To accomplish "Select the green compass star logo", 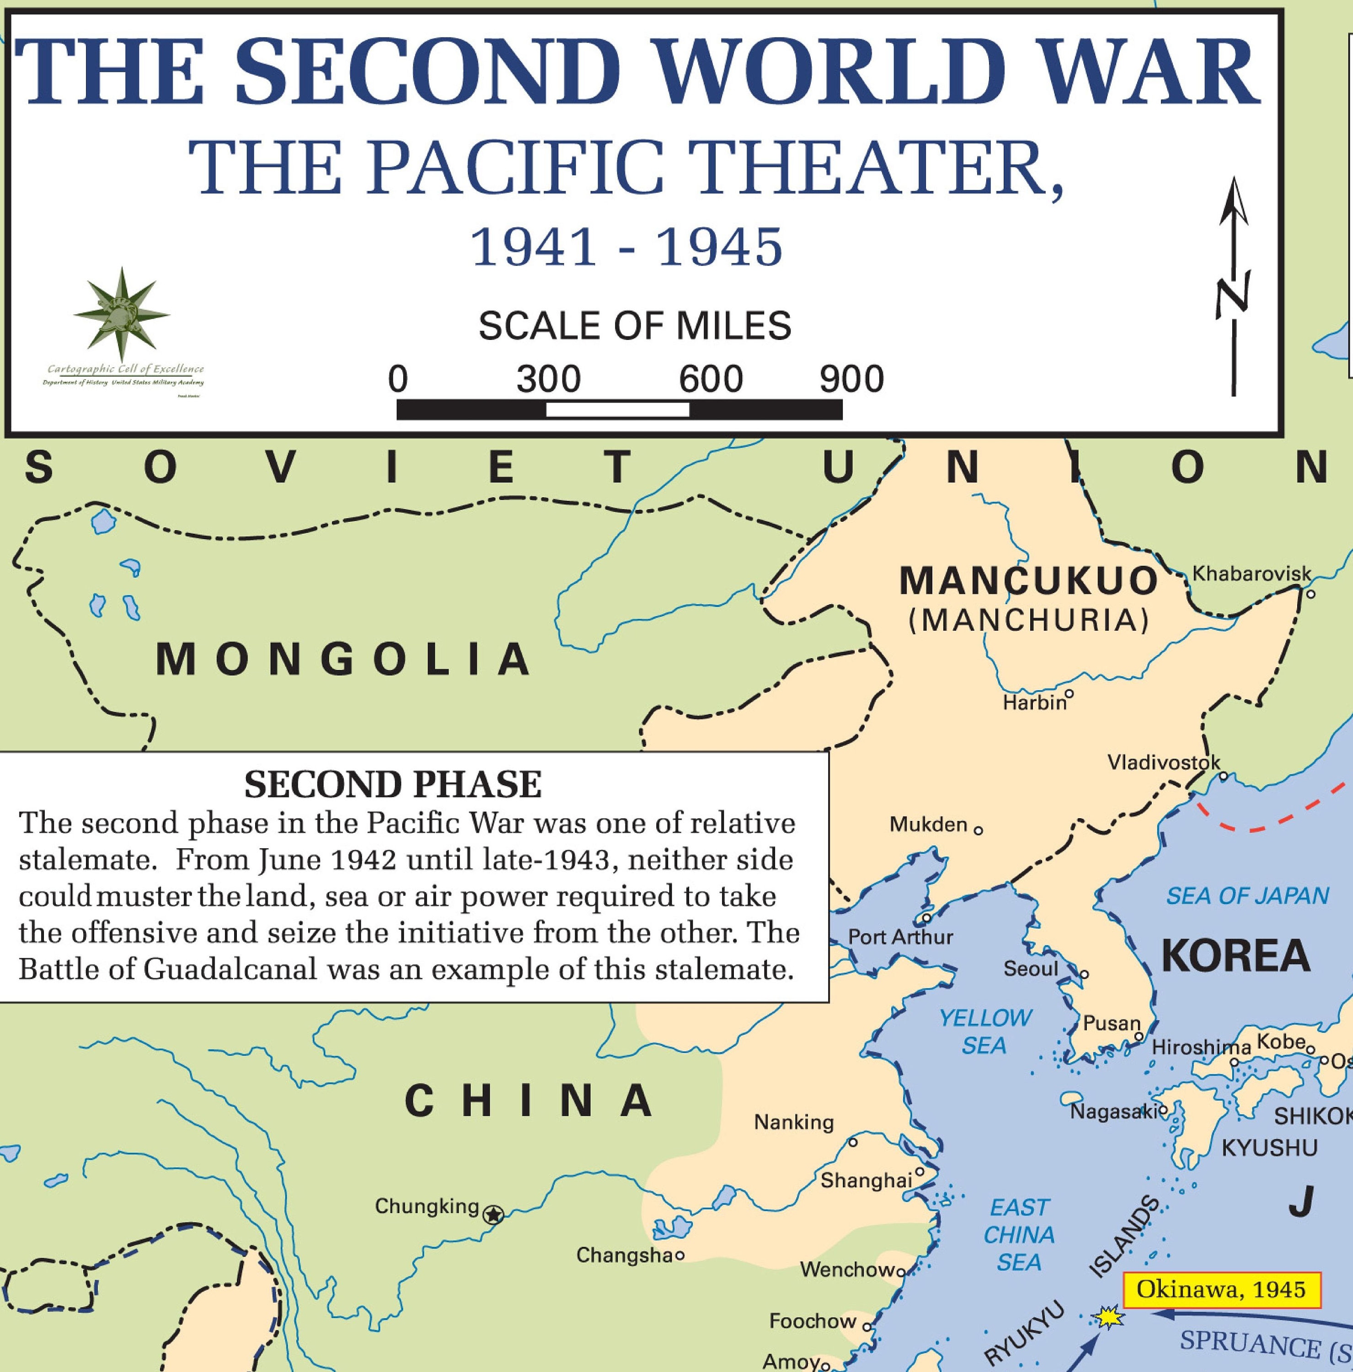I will click(121, 314).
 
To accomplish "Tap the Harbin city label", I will click(1034, 703).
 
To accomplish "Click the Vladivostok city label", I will click(1163, 763).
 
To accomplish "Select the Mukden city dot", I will click(978, 830).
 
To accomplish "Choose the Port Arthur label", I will click(900, 938).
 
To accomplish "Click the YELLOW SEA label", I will click(984, 1031).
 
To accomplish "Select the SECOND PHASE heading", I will click(393, 785).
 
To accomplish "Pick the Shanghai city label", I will click(866, 1181).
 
